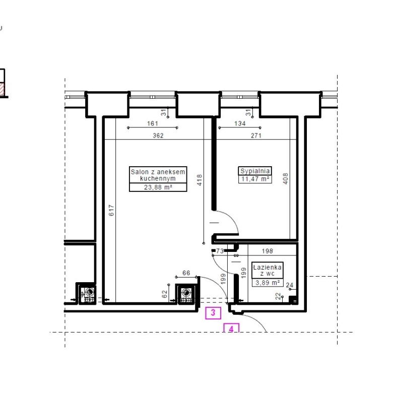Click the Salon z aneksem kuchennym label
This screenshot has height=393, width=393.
coord(158,175)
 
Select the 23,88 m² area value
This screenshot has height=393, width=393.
coord(158,187)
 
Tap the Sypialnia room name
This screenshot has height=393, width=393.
coord(255,171)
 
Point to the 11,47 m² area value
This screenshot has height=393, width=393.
coord(255,179)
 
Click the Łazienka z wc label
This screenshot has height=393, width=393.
coord(268,270)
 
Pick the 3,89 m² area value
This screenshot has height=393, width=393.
coord(268,283)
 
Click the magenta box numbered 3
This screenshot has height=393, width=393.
coord(213,313)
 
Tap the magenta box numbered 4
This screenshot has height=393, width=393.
coord(231,328)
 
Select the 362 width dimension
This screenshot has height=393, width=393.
coord(158,136)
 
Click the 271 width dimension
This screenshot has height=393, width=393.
coord(256,136)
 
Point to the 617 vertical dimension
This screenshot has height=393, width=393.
coord(111,210)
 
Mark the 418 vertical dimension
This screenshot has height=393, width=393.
coord(200,180)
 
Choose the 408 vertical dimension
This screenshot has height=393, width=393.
coord(286,179)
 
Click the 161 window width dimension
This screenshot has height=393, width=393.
coord(153,123)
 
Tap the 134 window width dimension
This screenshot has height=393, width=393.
coord(240,123)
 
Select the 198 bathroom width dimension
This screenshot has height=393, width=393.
coord(268,251)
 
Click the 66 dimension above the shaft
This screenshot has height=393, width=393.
coord(186,273)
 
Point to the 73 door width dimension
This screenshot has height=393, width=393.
coord(220,251)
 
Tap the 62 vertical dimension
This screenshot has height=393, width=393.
coord(164,294)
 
